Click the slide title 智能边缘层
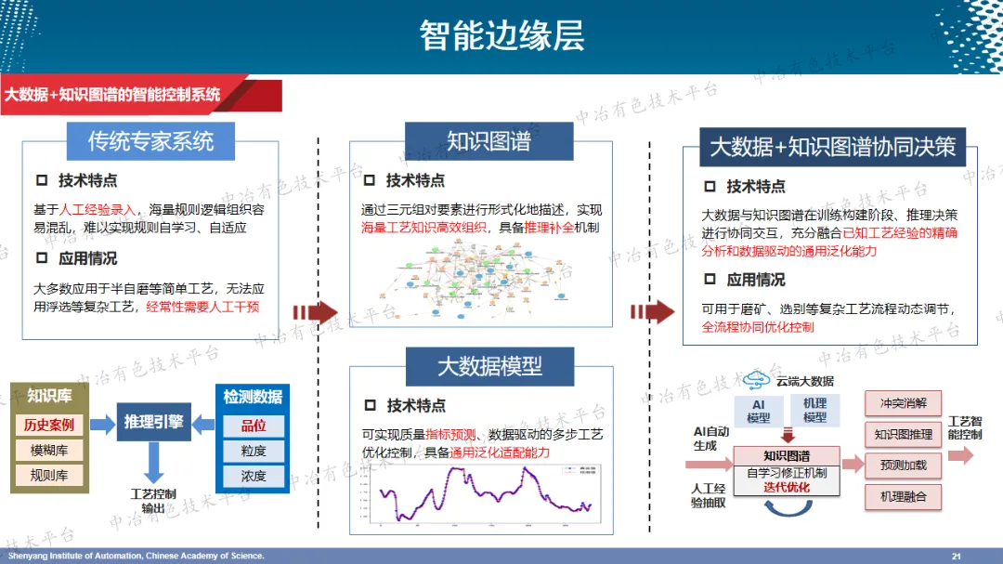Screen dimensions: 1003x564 pos(501,35)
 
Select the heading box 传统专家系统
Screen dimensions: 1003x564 pos(150,141)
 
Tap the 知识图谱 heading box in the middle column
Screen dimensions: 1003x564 pos(488,141)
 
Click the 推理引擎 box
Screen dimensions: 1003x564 pos(153,422)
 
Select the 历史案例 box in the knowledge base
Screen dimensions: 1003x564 pos(50,426)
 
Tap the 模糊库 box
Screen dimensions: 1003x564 pos(50,451)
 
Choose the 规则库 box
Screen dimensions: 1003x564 pos(50,476)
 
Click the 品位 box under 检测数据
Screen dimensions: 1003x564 pos(254,426)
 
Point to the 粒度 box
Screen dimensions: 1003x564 pos(254,451)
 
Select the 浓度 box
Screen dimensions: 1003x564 pos(254,476)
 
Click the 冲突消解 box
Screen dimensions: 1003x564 pos(903,403)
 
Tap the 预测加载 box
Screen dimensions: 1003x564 pos(903,465)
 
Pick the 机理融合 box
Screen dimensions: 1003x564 pos(903,496)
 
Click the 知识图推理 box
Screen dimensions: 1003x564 pos(903,434)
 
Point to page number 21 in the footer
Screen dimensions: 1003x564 pos(957,556)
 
